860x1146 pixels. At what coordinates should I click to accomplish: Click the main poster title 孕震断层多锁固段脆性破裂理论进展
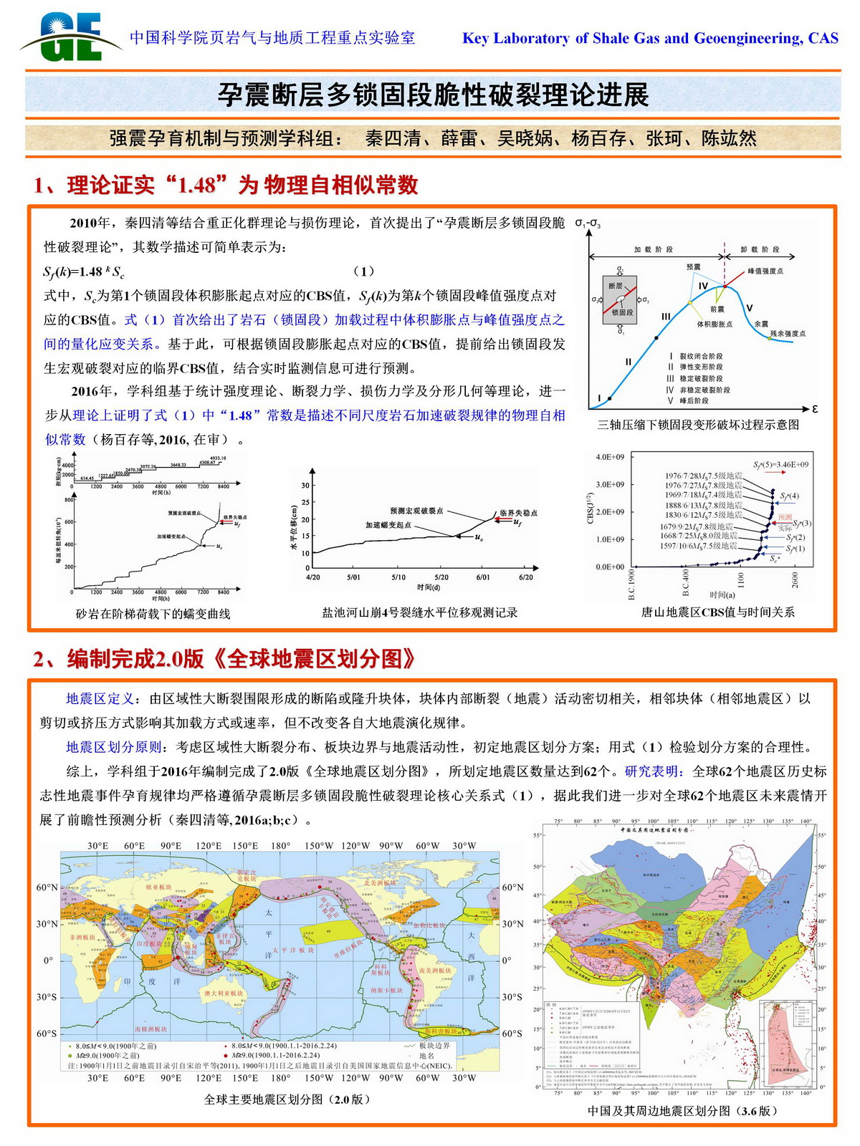[433, 95]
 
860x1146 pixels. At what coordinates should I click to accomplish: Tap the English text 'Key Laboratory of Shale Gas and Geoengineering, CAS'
[650, 39]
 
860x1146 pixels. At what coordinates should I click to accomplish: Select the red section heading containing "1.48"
[226, 186]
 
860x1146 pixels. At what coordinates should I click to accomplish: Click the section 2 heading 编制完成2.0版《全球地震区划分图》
[224, 659]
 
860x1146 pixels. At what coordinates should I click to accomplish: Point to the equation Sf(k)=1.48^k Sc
[85, 271]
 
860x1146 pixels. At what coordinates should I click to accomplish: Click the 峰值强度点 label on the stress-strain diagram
[765, 271]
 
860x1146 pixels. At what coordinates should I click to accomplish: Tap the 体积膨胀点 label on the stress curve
[715, 324]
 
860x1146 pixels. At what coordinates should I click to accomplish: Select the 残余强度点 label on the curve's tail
[787, 334]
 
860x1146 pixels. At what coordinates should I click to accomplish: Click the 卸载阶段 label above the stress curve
[760, 250]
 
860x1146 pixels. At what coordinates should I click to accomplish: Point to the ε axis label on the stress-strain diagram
[814, 409]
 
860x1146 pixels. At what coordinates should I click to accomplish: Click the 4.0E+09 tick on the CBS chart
[609, 457]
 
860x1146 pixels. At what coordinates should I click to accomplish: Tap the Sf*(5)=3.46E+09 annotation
[780, 465]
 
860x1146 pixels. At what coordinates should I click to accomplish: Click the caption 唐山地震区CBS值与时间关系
[717, 612]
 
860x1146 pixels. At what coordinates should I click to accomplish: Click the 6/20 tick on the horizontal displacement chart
[525, 577]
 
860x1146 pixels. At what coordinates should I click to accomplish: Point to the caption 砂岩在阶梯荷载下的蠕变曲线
[153, 614]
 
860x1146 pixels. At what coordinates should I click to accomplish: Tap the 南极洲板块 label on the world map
[150, 1029]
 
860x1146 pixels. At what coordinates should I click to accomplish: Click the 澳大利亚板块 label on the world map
[224, 993]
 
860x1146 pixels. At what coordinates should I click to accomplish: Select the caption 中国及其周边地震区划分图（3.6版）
[682, 1111]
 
